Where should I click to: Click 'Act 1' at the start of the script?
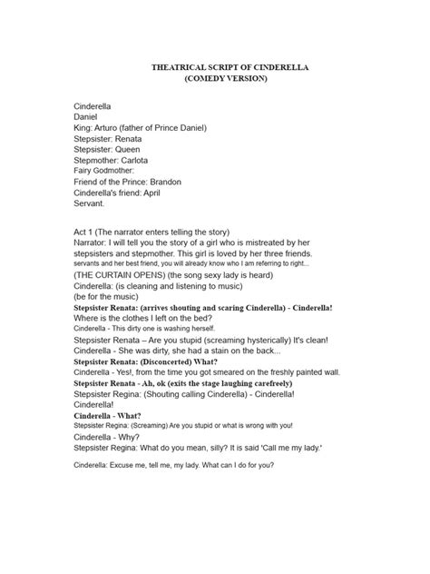[85, 233]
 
